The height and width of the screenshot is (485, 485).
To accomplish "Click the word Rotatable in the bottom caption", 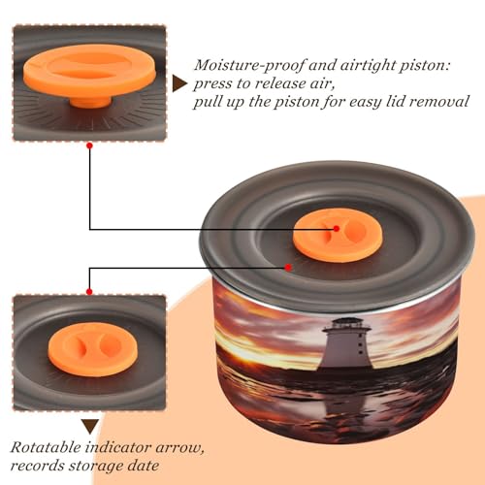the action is (x=46, y=447).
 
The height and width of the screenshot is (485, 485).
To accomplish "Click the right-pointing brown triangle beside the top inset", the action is (x=179, y=84).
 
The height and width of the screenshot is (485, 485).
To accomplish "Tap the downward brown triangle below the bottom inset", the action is (x=90, y=427).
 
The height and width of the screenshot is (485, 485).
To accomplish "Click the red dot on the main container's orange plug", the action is (x=337, y=229).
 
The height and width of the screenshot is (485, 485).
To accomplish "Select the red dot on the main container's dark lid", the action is (x=288, y=268).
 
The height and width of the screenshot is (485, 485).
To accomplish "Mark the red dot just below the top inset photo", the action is (x=90, y=146).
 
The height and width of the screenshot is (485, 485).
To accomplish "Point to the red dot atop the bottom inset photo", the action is (x=89, y=292).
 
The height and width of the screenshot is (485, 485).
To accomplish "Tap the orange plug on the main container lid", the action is (x=338, y=236).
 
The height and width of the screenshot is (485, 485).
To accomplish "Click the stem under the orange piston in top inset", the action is (x=90, y=101).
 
